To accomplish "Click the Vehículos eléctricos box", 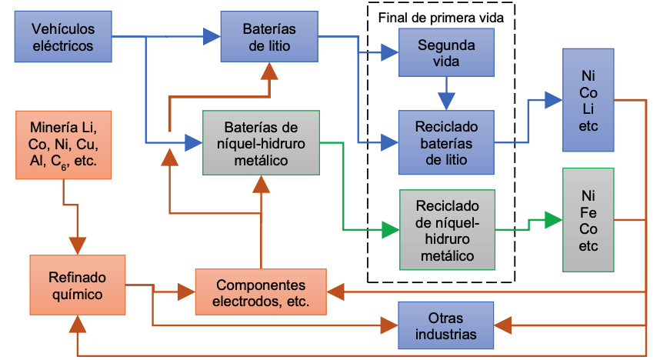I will pos(63,37).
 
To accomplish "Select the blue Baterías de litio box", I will pos(269,37).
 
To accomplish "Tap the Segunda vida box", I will pos(446,53).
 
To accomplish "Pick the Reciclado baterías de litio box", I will pos(446,142).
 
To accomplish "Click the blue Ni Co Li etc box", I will pos(588,100).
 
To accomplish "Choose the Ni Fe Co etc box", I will pos(588,220).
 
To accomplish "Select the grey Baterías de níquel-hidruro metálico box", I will pos(262,142).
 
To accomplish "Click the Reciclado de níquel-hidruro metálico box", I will pos(446,229).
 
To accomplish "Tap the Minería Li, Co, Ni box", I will pos(63,145).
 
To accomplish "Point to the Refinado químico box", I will pos(77,285).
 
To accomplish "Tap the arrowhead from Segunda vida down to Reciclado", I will pos(446,100).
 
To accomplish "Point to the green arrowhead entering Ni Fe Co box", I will pos(553,219).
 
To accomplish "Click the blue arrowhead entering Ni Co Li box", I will pos(553,99).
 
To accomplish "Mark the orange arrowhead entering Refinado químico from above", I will pos(78,245).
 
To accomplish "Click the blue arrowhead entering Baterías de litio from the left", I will pos(211,35).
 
